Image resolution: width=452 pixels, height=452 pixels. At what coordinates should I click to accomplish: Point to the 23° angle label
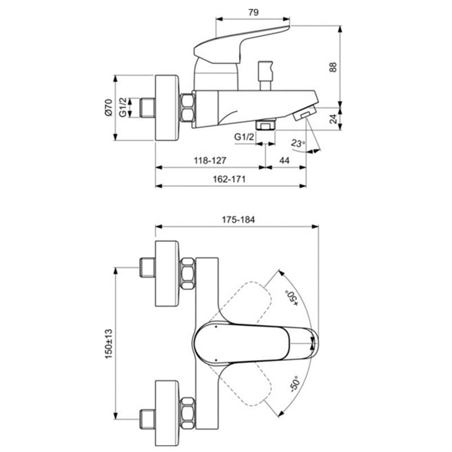299,144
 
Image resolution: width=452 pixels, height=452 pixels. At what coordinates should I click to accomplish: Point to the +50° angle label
292,297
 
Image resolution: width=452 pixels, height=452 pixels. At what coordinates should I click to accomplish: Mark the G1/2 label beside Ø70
123,107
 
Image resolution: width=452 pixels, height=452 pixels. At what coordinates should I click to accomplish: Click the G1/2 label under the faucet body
245,137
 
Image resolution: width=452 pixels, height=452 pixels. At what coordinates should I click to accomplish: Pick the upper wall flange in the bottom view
168,274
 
